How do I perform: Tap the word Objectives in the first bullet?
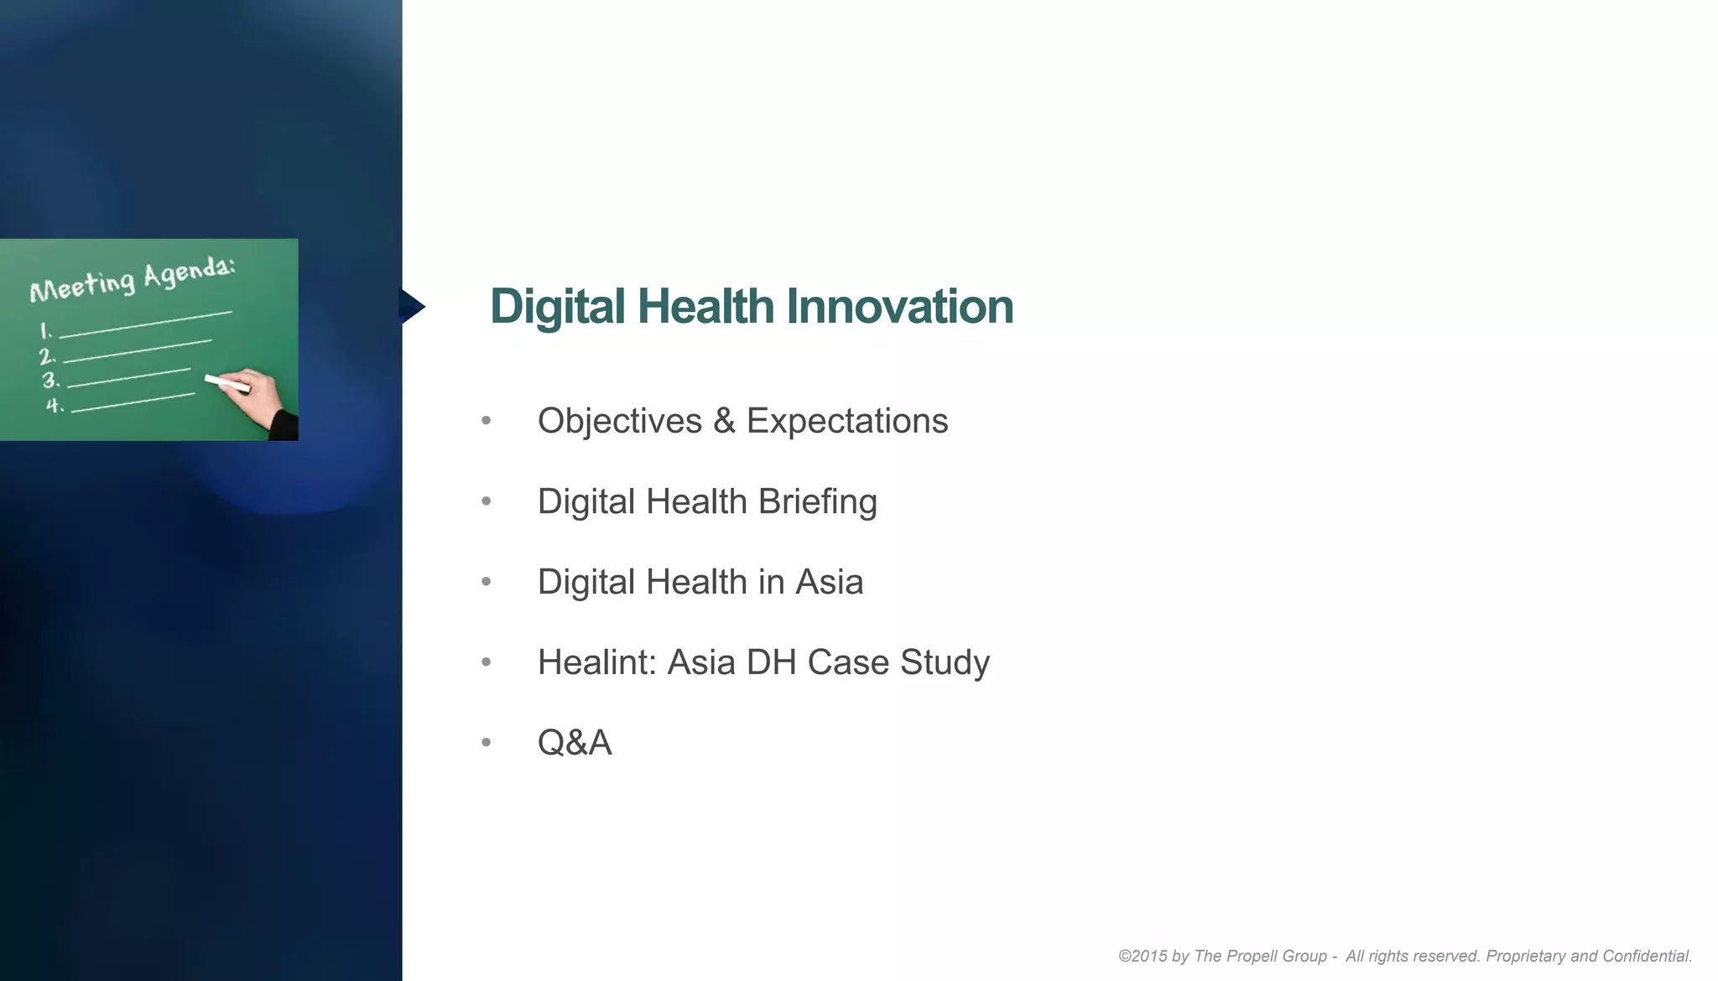click(619, 421)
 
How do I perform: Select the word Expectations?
click(846, 421)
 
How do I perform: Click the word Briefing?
click(817, 502)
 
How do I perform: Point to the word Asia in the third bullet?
click(829, 582)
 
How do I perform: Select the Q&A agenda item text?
click(575, 743)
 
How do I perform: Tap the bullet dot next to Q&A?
click(487, 742)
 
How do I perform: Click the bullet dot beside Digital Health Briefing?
click(487, 501)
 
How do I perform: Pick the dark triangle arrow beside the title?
click(411, 306)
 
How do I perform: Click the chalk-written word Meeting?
click(82, 284)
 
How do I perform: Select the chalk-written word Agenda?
click(189, 272)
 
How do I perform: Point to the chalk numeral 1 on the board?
click(46, 331)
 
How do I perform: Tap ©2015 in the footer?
click(1142, 956)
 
